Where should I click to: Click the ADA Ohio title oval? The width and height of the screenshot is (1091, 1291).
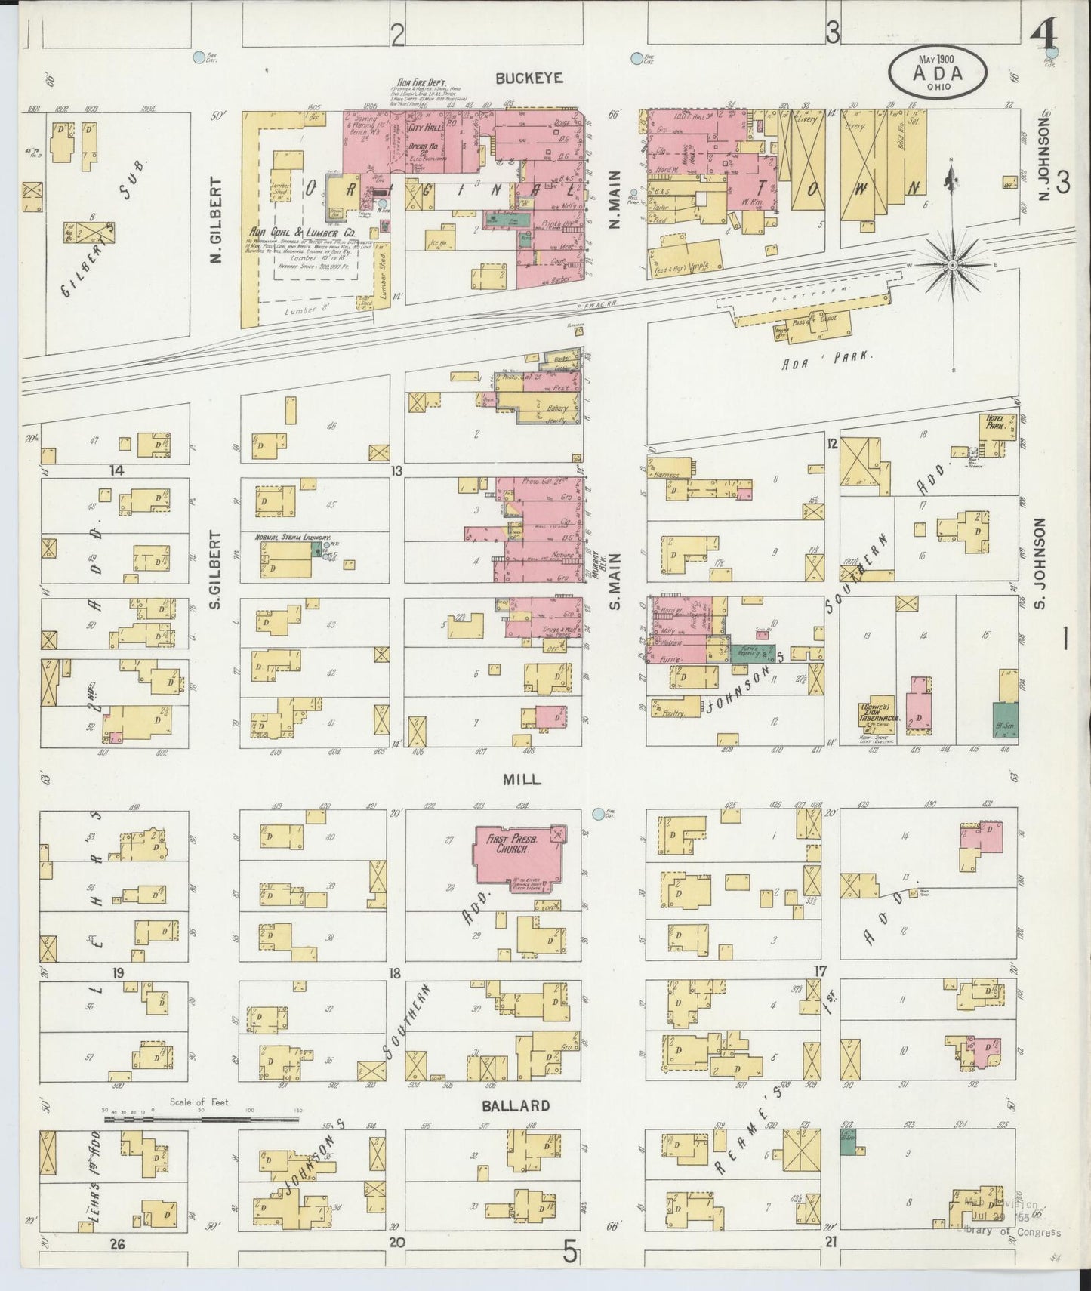coord(938,72)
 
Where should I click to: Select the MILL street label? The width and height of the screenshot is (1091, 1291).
coord(522,779)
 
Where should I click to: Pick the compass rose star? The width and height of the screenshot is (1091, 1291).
coord(954,266)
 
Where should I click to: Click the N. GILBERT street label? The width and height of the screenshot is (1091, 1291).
coord(216,220)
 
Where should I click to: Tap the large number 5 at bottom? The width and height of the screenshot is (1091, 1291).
coord(571,1253)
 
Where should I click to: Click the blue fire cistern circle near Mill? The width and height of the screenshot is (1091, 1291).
coord(599,814)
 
